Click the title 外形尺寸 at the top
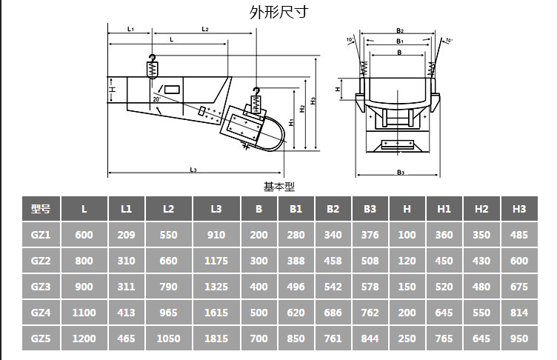tap(278, 12)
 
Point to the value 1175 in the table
tap(216, 261)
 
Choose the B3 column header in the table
tap(370, 209)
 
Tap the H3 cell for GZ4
tap(519, 312)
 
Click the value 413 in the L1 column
tap(127, 312)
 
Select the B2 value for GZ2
tap(333, 261)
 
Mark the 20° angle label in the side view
tap(156, 99)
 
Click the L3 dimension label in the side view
tap(193, 170)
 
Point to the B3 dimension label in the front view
tap(400, 173)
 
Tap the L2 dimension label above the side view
tap(204, 30)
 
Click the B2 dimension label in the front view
tap(399, 31)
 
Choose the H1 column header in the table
tap(444, 209)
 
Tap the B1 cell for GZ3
tap(296, 286)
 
